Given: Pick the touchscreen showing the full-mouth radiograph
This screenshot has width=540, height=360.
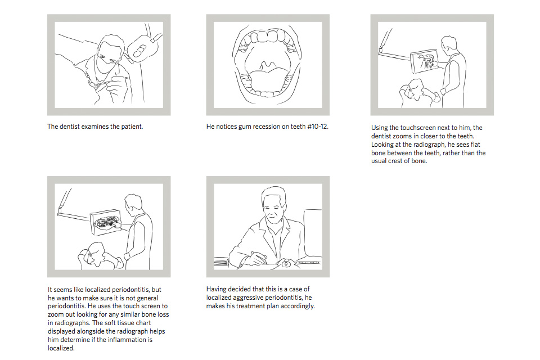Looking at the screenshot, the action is click(x=106, y=223).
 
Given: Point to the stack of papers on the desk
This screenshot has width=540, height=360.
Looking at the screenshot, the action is click(x=220, y=263).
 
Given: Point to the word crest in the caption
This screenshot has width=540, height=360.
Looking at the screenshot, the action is click(x=397, y=161).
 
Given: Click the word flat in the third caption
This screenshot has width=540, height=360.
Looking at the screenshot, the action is click(x=475, y=145).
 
